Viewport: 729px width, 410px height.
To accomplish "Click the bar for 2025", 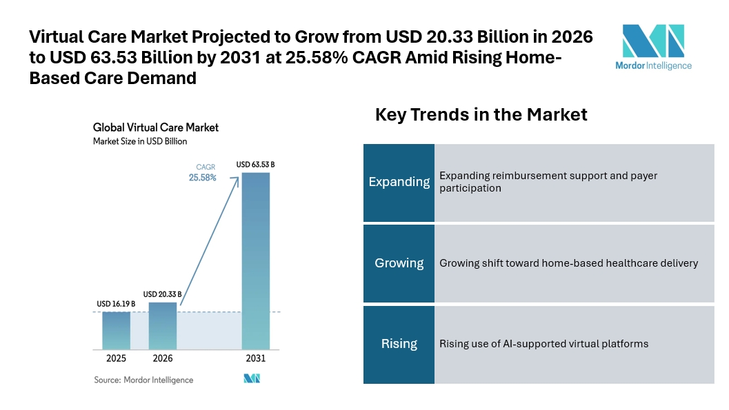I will (x=116, y=330).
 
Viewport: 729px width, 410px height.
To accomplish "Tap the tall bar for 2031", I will (x=255, y=260).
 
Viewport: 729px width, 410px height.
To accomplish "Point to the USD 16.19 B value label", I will (x=116, y=304).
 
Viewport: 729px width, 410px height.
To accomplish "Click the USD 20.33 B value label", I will (x=162, y=294).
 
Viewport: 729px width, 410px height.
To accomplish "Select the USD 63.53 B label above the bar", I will (x=256, y=165).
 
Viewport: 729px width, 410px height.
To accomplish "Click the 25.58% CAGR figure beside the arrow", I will (x=203, y=177).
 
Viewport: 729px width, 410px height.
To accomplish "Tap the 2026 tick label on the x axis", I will (x=163, y=359).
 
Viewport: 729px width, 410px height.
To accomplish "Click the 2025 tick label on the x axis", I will (x=116, y=359).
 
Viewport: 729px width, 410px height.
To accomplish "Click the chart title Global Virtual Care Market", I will (x=156, y=127).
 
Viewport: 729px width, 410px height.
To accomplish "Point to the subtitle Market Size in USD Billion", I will (x=140, y=141).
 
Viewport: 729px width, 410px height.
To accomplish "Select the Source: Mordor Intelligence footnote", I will (x=143, y=380).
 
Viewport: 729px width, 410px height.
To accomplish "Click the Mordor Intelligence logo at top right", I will (x=653, y=47).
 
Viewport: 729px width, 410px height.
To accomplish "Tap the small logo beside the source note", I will (x=251, y=378).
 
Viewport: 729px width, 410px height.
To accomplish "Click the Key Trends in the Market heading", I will (x=481, y=114).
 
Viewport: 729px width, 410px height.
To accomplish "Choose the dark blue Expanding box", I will (x=399, y=182).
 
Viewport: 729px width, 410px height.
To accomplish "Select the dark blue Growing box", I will (x=399, y=263).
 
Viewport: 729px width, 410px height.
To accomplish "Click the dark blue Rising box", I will (x=399, y=344).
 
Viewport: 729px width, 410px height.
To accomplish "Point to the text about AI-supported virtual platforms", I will (x=543, y=344).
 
